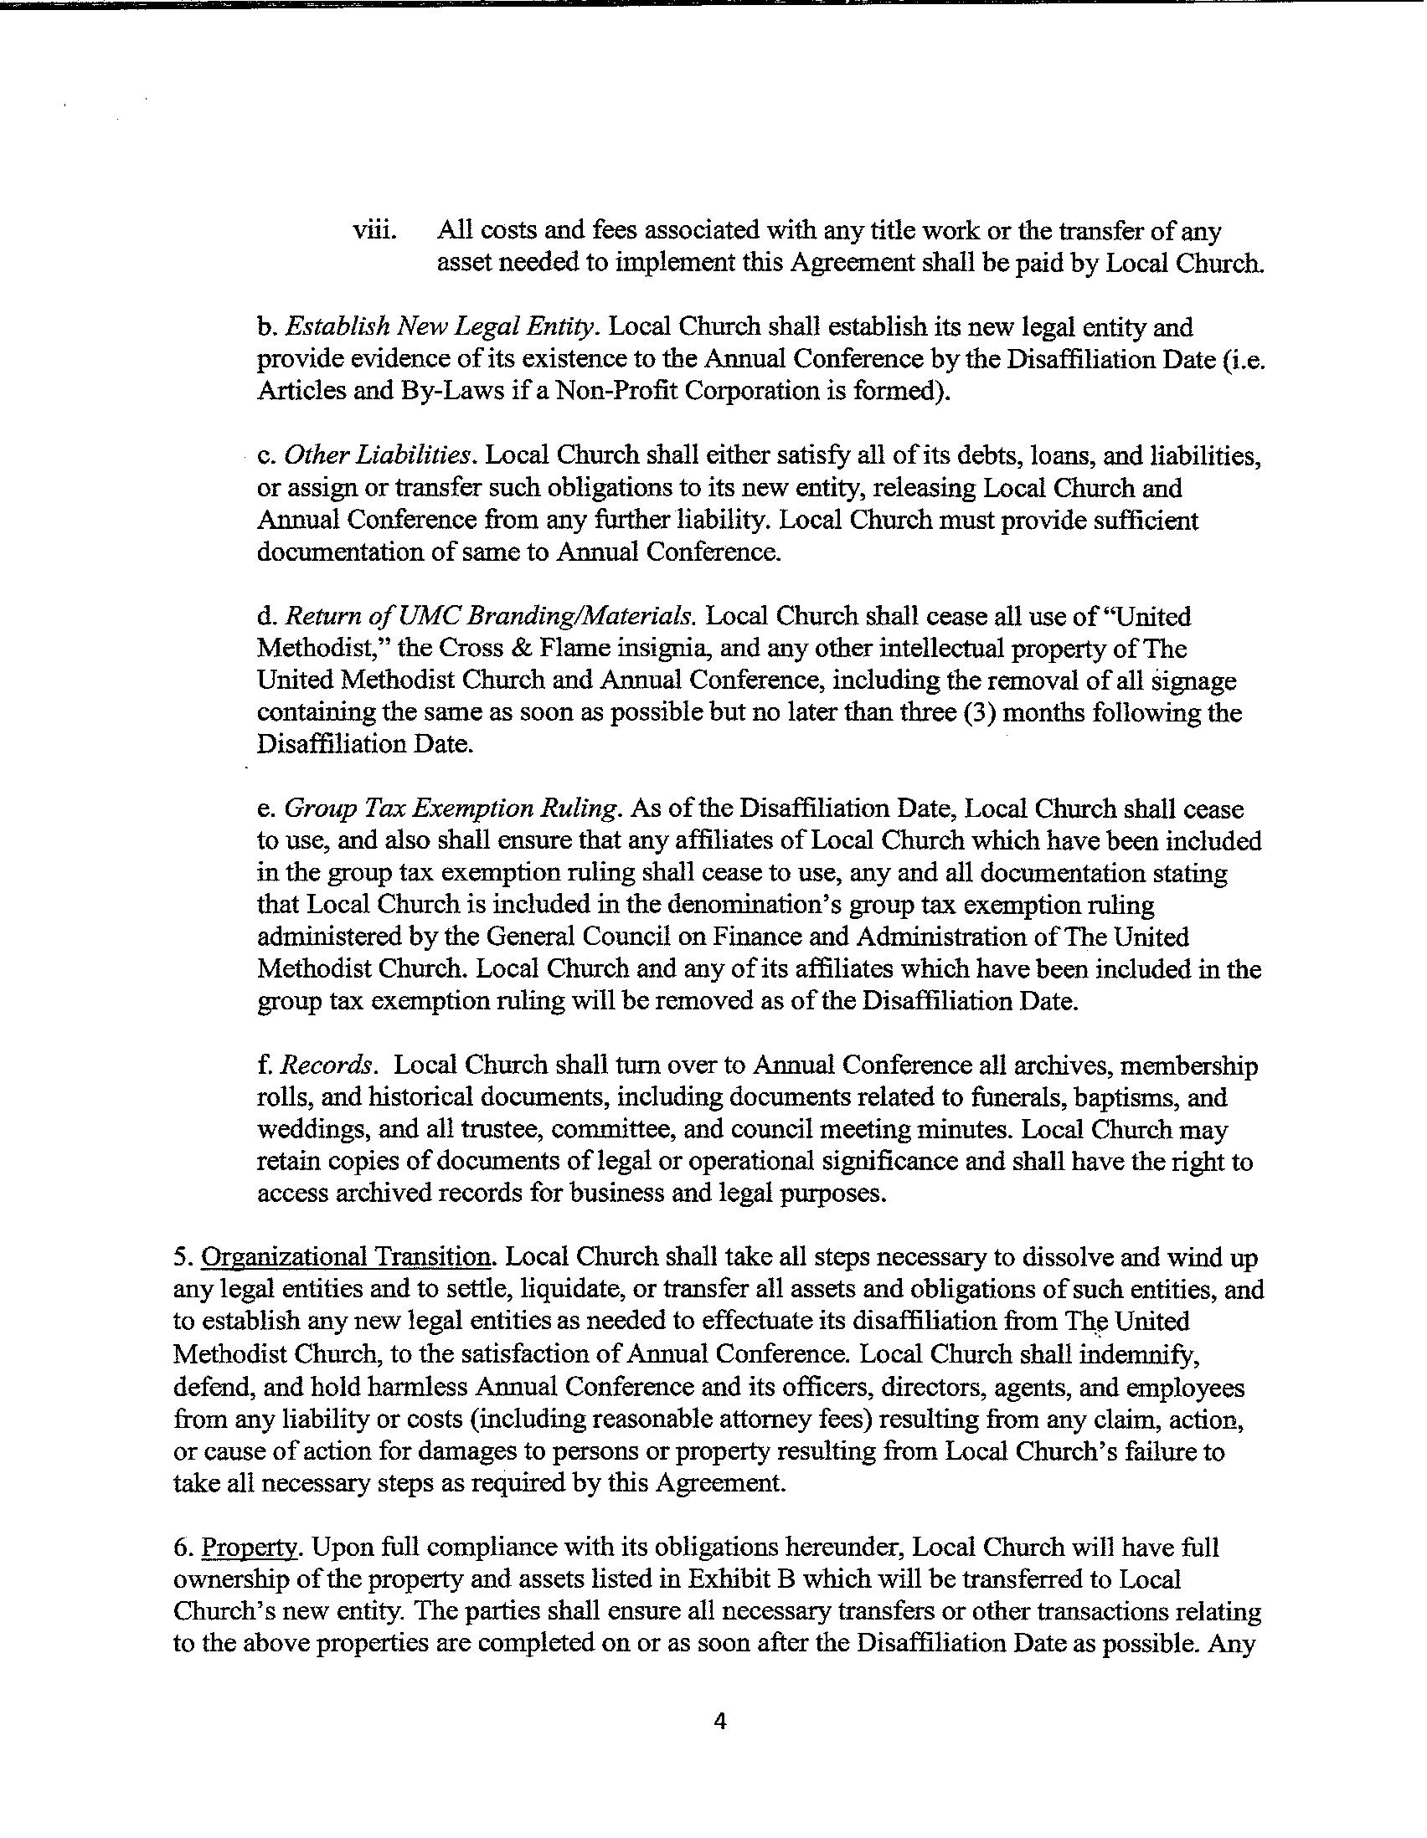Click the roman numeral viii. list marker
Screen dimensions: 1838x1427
click(374, 232)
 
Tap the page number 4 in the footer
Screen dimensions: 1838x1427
click(719, 1722)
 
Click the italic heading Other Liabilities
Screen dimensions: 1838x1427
click(377, 456)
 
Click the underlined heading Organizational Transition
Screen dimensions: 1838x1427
click(346, 1257)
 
